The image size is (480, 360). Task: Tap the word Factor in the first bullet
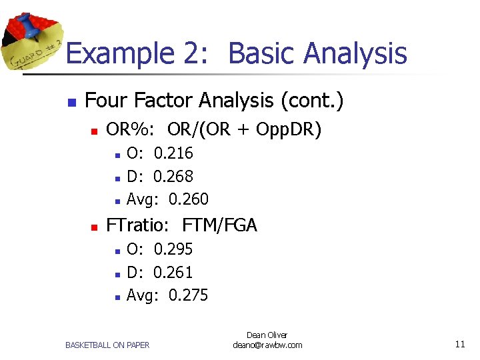pyautogui.click(x=167, y=101)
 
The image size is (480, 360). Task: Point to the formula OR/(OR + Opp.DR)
pyautogui.click(x=245, y=129)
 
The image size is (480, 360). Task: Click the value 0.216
pyautogui.click(x=173, y=153)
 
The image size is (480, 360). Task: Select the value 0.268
pyautogui.click(x=173, y=177)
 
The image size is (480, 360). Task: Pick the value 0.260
pyautogui.click(x=189, y=199)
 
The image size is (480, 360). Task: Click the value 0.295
pyautogui.click(x=173, y=249)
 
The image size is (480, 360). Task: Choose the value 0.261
pyautogui.click(x=173, y=272)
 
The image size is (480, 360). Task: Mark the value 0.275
pyautogui.click(x=189, y=295)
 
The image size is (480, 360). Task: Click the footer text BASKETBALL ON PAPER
pyautogui.click(x=107, y=345)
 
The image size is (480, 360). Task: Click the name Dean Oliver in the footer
pyautogui.click(x=267, y=335)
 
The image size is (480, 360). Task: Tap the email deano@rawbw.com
pyautogui.click(x=267, y=345)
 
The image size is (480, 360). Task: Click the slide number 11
pyautogui.click(x=459, y=345)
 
